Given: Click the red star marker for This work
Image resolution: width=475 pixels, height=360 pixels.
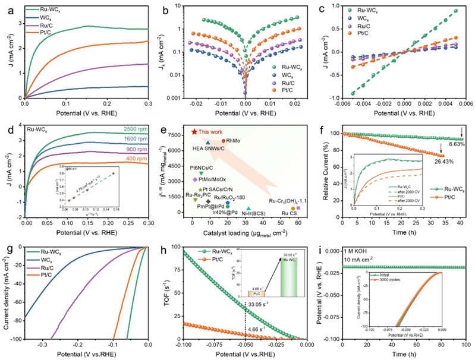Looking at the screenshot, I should pyautogui.click(x=194, y=131).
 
